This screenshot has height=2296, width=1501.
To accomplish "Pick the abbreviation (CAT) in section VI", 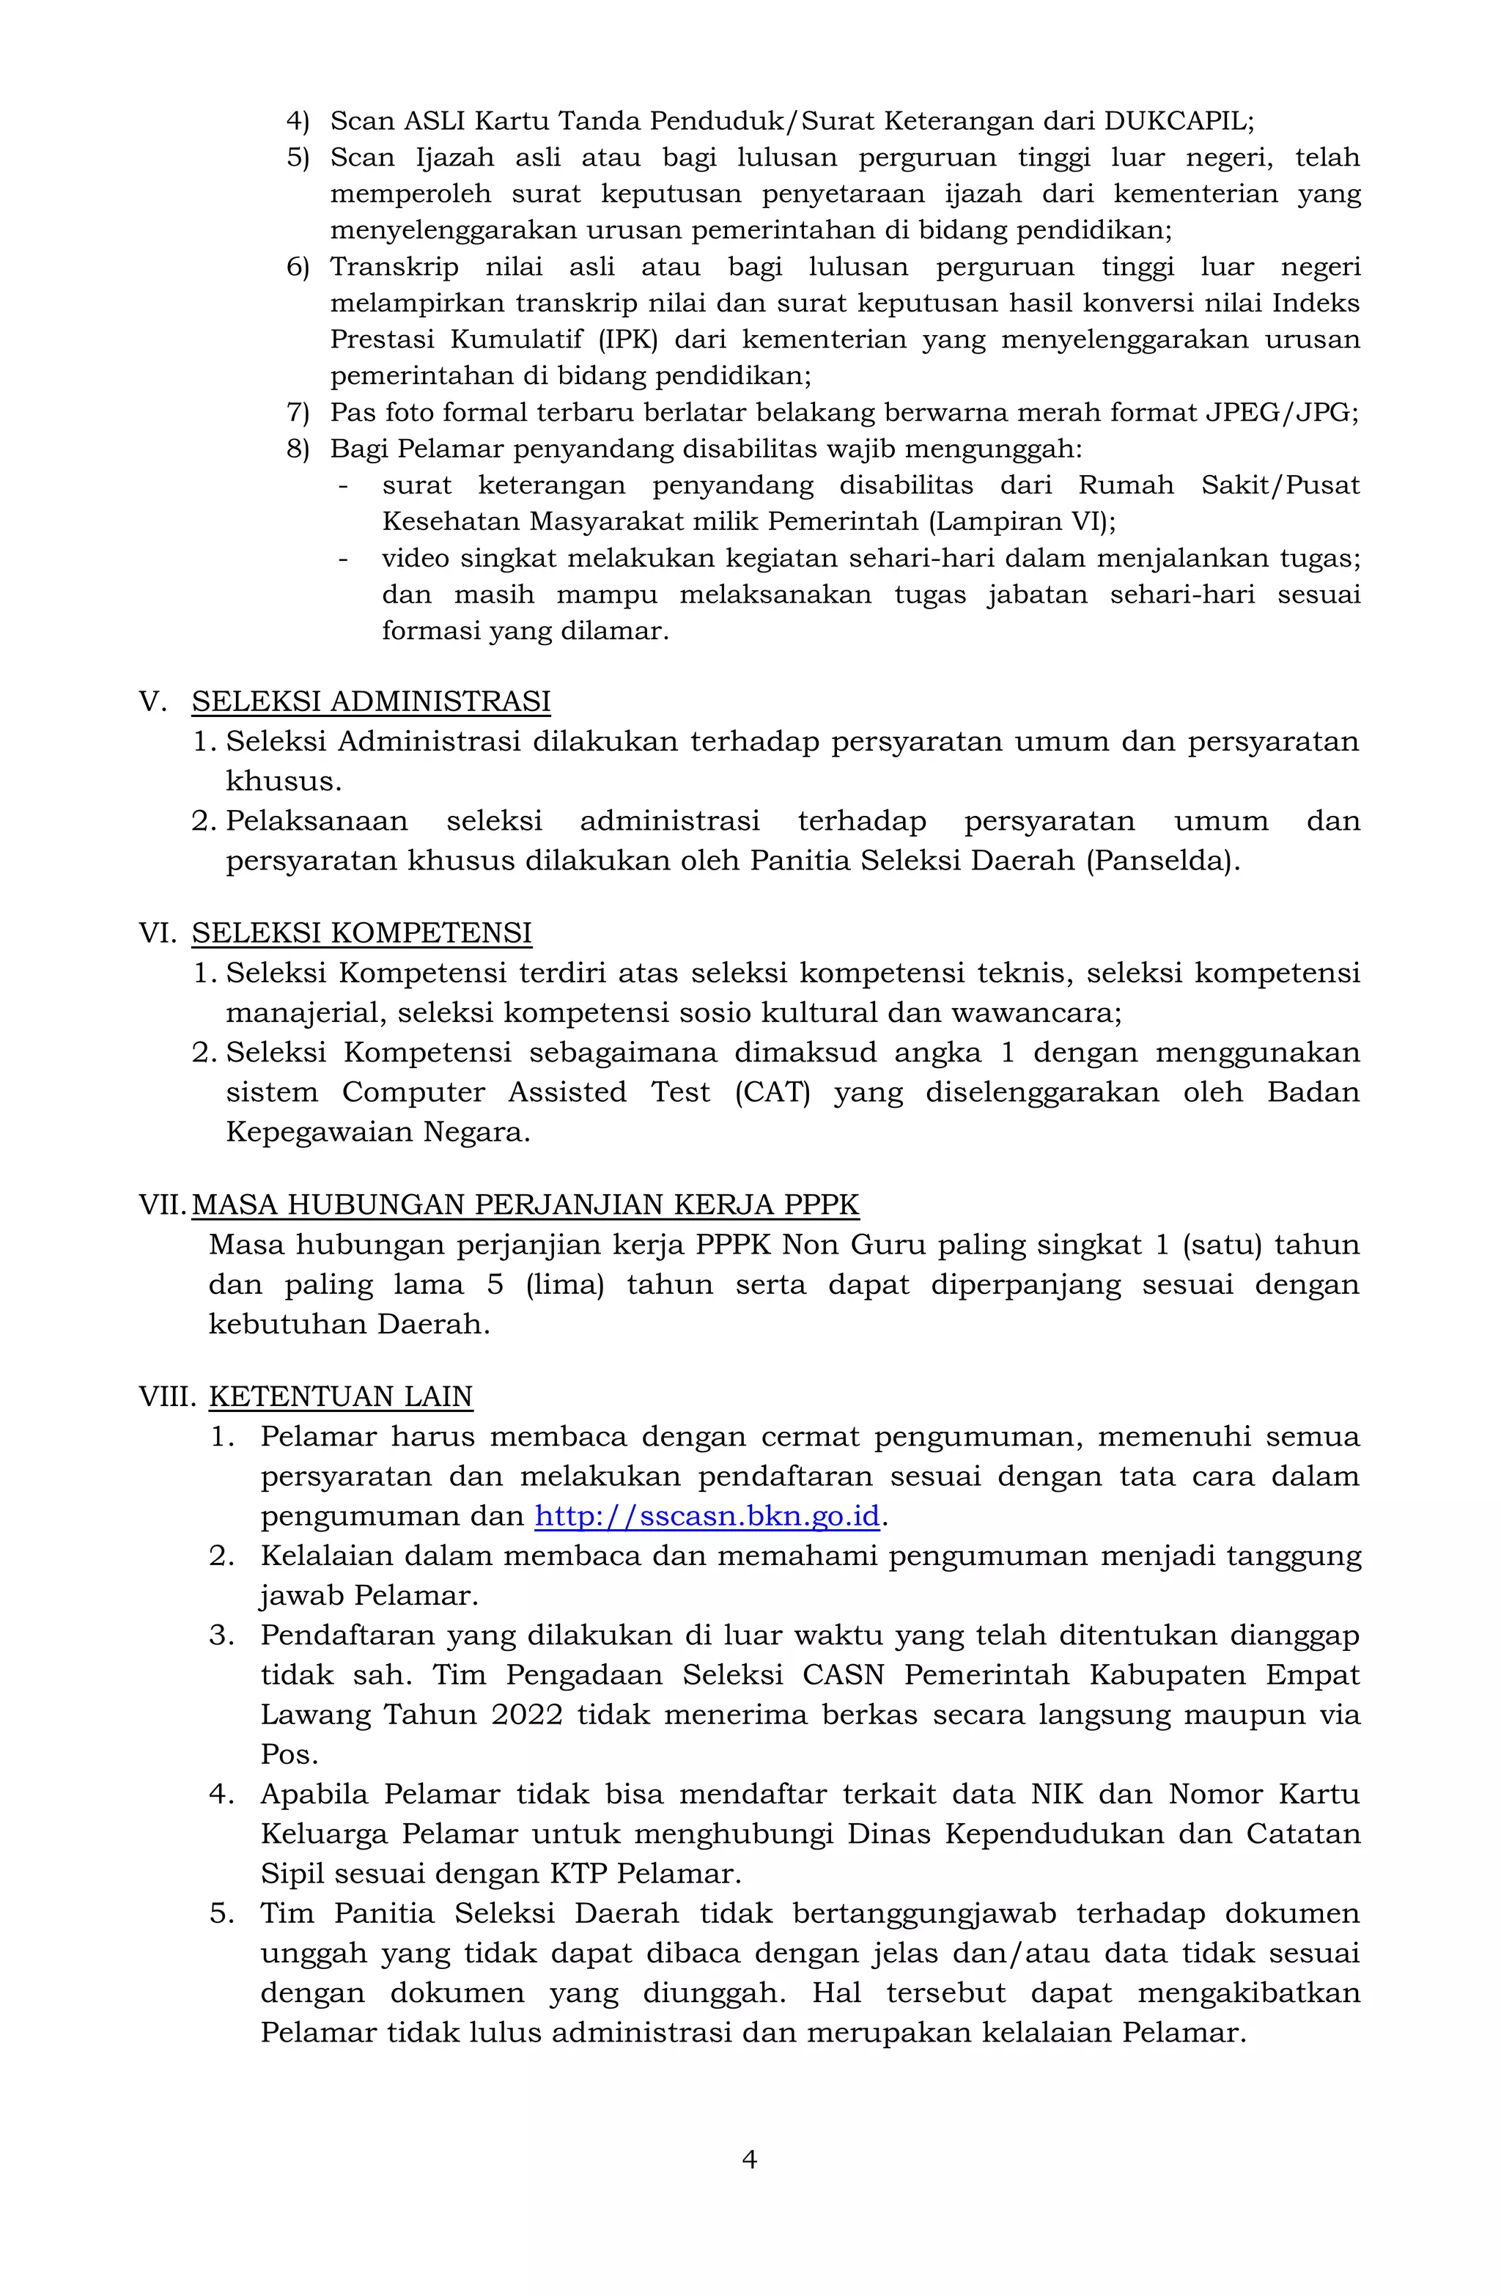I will tap(772, 1092).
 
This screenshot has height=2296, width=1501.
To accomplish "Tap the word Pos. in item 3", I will tap(289, 1754).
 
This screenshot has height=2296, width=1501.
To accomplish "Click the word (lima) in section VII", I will tap(564, 1284).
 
